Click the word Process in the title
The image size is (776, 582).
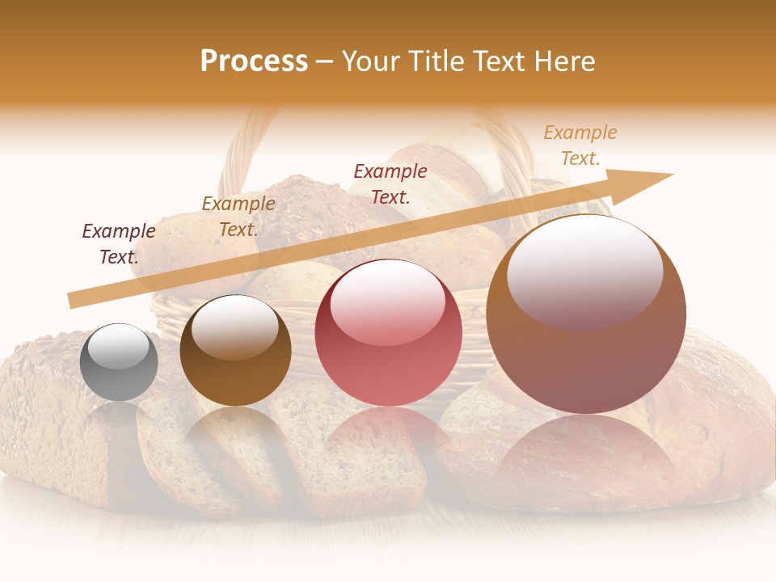click(x=254, y=61)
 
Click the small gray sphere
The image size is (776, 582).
click(x=119, y=362)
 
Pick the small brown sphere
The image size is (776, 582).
click(x=235, y=351)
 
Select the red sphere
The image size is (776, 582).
click(x=389, y=333)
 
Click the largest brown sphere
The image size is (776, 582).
click(x=586, y=314)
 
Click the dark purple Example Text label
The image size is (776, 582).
click(x=119, y=244)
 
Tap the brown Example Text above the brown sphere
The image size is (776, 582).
click(x=238, y=217)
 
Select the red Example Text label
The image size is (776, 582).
click(x=390, y=183)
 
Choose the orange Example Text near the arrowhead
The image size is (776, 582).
click(x=580, y=145)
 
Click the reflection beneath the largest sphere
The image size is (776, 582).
click(x=586, y=457)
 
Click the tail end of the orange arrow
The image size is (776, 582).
click(x=73, y=300)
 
